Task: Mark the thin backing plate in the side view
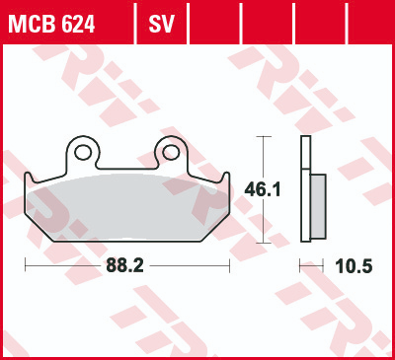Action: [x=304, y=192]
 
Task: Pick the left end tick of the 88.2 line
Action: [x=25, y=266]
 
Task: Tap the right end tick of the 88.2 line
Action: [x=229, y=266]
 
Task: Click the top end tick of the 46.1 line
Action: [x=261, y=138]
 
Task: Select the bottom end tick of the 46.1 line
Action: [x=261, y=243]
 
